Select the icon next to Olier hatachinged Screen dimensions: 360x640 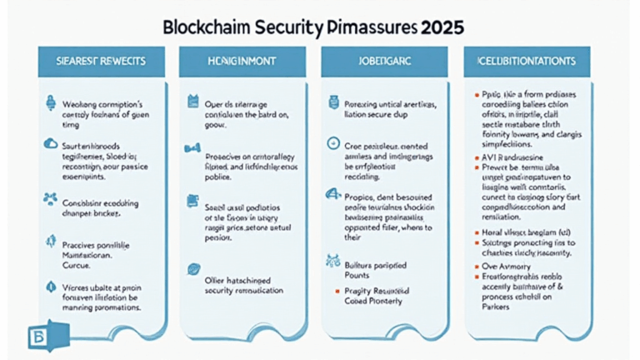192,270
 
